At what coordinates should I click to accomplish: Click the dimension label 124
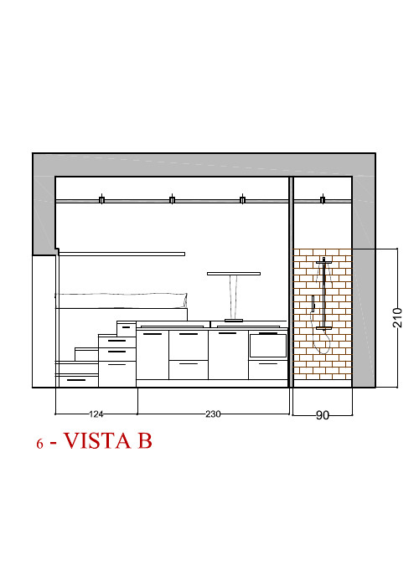coord(96,414)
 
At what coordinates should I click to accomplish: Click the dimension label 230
coord(213,414)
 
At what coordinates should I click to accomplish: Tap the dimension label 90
coord(323,415)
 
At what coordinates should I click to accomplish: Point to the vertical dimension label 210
coord(397,317)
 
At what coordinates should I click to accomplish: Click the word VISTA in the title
coord(97,440)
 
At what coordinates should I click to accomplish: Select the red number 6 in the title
coord(39,444)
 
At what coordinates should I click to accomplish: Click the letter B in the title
coord(145,440)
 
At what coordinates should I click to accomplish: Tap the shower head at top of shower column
coord(323,262)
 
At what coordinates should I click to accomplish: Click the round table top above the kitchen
coord(234,274)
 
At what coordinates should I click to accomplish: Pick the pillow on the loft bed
coord(122,300)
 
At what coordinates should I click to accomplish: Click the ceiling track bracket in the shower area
coord(323,199)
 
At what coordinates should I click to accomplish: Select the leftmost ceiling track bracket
coord(101,199)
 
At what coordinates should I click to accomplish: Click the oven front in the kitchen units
coord(268,346)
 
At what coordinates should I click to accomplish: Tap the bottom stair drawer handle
coord(76,380)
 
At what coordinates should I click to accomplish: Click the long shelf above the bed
coord(122,254)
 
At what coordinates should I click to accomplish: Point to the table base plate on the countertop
coord(234,321)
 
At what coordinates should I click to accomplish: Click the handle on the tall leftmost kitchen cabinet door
coord(153,334)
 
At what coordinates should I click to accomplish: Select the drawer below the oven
coord(268,370)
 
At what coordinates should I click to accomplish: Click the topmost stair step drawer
coord(127,328)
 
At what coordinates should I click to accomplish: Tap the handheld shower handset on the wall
coord(313,303)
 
